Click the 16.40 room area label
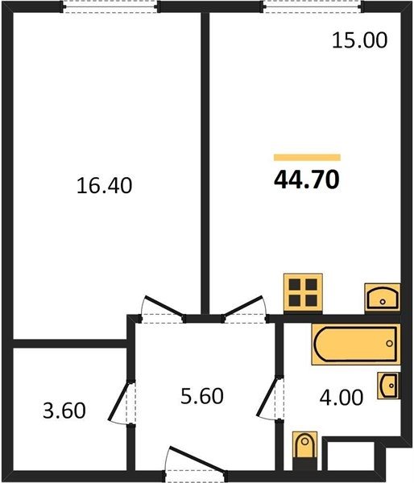click(104, 186)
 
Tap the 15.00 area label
click(359, 40)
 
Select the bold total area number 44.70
click(307, 180)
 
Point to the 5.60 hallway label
click(202, 396)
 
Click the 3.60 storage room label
click(64, 411)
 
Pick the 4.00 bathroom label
click(342, 398)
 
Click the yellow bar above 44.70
click(307, 158)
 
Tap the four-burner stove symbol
click(303, 293)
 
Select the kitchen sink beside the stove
click(383, 298)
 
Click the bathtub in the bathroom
click(356, 344)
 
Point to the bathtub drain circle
click(389, 344)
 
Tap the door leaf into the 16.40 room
click(164, 306)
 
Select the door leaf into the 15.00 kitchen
click(243, 306)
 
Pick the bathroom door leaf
click(267, 398)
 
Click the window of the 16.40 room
click(110, 6)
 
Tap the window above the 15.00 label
click(313, 6)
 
